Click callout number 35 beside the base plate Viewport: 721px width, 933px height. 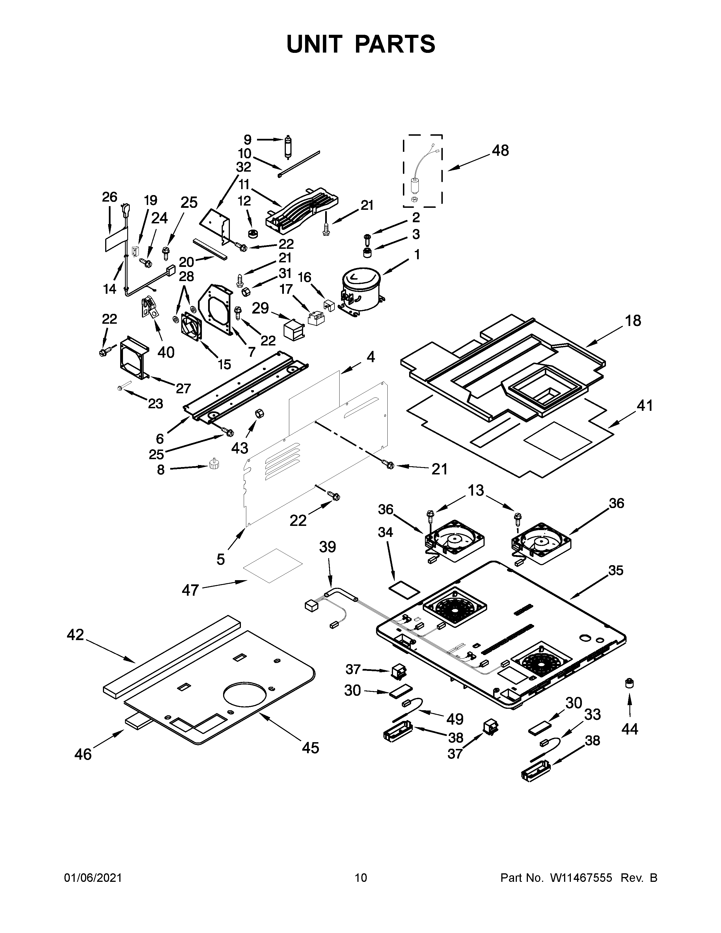[616, 570]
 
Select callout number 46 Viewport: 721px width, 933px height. [83, 754]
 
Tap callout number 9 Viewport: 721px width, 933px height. [248, 139]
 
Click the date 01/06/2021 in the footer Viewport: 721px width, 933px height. [93, 890]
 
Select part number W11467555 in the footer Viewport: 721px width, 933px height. [581, 890]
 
